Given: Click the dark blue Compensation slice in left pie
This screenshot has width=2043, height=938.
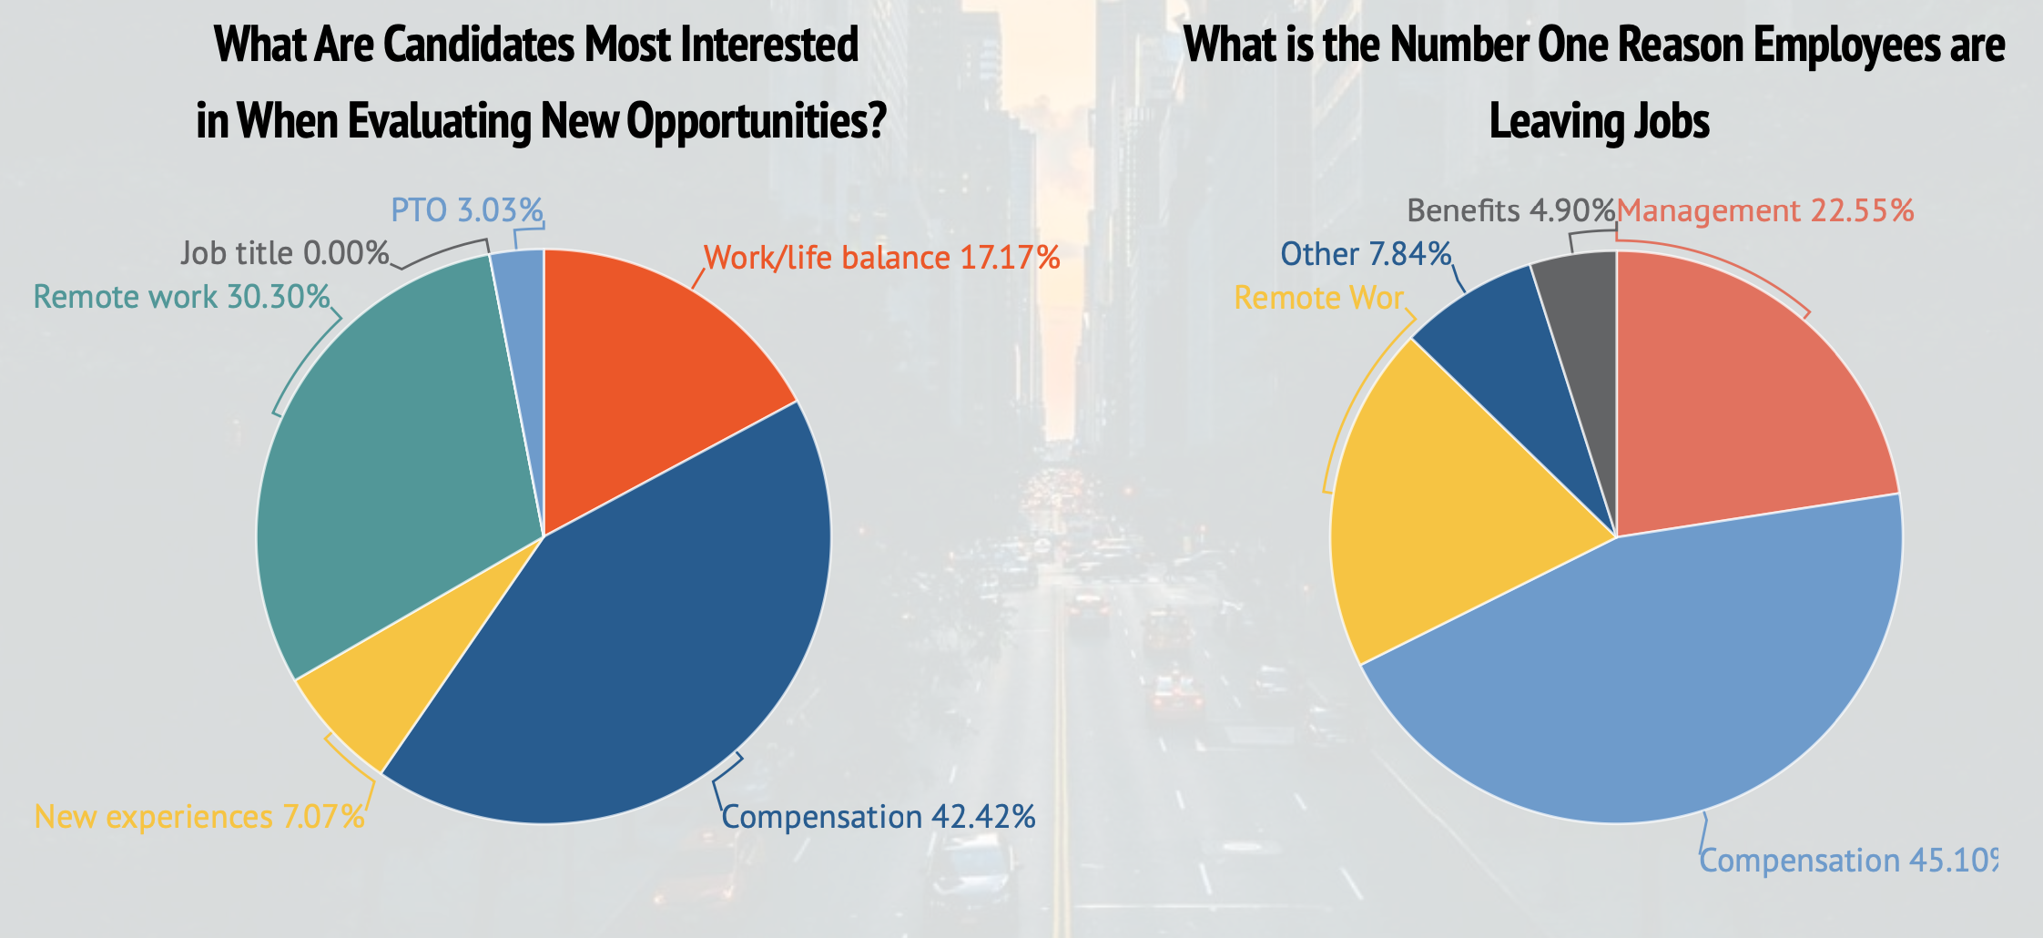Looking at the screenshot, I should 637,637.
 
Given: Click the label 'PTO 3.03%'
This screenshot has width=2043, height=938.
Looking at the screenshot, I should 467,210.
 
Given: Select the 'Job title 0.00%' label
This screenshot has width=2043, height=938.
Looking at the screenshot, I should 285,253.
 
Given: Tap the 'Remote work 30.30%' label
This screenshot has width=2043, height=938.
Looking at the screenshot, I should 181,297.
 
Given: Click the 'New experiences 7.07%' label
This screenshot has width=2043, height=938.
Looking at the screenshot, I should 199,817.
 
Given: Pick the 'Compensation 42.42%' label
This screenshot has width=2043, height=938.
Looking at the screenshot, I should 879,817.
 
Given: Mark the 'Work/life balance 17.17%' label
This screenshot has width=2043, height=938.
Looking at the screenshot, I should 882,258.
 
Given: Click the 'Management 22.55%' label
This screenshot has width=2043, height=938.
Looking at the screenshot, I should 1765,210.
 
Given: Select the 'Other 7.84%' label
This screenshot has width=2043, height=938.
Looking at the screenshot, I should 1366,254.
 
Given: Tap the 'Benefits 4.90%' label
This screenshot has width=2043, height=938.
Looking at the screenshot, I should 1510,210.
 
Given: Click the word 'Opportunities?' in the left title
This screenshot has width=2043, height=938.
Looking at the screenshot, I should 757,121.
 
